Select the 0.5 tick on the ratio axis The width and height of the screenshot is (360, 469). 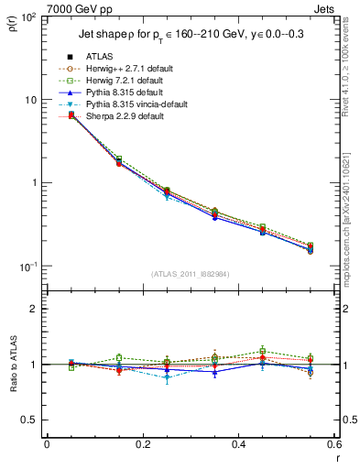coord(32,420)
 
